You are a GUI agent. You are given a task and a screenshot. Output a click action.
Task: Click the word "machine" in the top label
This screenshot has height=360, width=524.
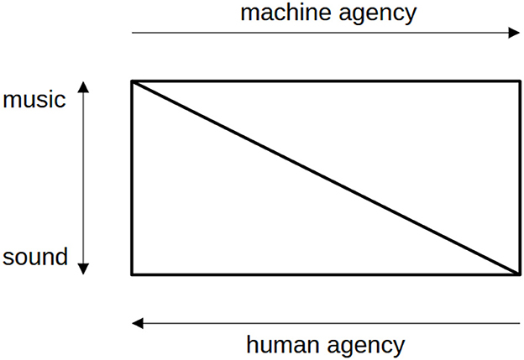pyautogui.click(x=283, y=13)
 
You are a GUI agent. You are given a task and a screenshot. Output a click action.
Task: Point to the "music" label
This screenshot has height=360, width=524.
pyautogui.click(x=34, y=100)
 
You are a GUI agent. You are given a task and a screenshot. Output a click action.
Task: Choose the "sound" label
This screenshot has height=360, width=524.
pyautogui.click(x=34, y=257)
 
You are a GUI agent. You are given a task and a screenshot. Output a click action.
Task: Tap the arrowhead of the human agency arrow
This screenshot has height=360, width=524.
pyautogui.click(x=137, y=323)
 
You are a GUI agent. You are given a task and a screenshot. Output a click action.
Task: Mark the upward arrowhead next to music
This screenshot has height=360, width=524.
pyautogui.click(x=83, y=86)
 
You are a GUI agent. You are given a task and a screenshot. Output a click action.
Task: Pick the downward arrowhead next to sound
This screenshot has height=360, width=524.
pyautogui.click(x=83, y=269)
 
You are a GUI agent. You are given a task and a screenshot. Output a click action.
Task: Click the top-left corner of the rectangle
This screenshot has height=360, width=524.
pyautogui.click(x=132, y=81)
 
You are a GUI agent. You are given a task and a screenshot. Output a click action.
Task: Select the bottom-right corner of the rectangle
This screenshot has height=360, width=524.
pyautogui.click(x=520, y=274)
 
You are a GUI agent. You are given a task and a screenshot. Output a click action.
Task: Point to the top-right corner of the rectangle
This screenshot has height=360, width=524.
pyautogui.click(x=520, y=81)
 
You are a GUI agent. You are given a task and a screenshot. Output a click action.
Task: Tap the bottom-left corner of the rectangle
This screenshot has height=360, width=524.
pyautogui.click(x=132, y=274)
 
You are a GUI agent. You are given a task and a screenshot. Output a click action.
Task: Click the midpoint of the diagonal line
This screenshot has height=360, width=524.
pyautogui.click(x=326, y=178)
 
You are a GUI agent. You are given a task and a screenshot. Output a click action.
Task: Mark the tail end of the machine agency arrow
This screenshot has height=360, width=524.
pyautogui.click(x=134, y=34)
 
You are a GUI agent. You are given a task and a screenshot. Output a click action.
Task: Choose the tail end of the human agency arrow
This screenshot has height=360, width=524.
pyautogui.click(x=519, y=323)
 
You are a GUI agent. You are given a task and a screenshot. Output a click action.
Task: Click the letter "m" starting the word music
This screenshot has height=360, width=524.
pyautogui.click(x=11, y=101)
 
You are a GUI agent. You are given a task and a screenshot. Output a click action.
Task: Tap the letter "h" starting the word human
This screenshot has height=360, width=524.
pyautogui.click(x=251, y=344)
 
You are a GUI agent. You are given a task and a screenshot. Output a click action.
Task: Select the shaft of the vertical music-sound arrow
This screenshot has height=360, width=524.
pyautogui.click(x=83, y=178)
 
